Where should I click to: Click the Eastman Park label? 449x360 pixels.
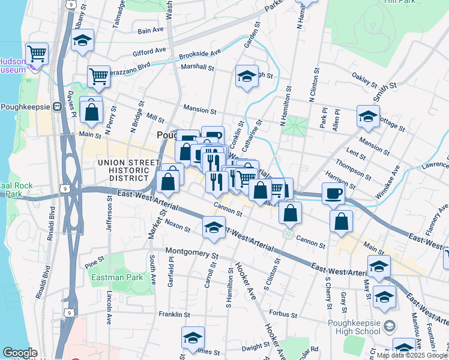coord(117,277)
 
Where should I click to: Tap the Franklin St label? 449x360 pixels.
coord(174,314)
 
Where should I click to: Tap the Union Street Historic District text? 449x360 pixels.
coord(124,170)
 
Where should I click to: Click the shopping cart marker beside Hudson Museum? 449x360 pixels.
coord(37,54)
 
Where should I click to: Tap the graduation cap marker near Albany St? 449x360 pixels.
coord(82,41)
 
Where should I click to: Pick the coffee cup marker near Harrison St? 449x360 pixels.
coord(334,194)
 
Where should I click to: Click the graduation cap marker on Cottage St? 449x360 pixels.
coord(368,116)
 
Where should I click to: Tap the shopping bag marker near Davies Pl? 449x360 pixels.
coord(91,112)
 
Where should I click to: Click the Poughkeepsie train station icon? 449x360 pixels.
coord(58,106)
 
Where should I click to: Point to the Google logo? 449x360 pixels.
coord(20,353)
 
